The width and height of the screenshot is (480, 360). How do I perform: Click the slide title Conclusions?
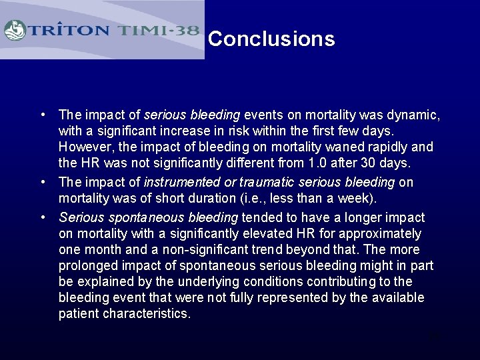point(271,39)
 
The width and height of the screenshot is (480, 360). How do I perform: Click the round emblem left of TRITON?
point(15,31)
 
